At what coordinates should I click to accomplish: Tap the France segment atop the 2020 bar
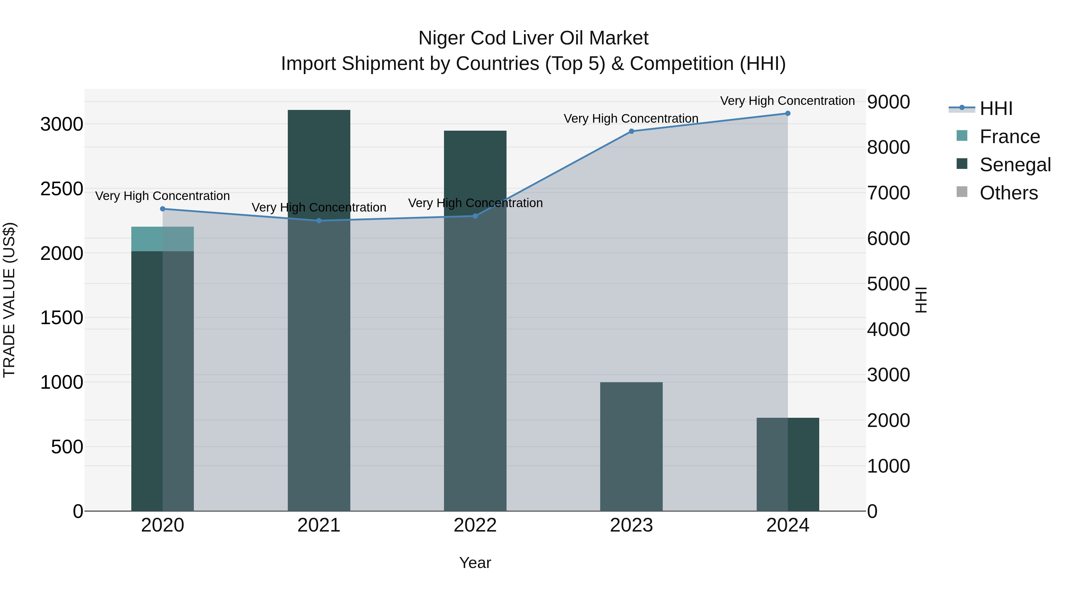[162, 239]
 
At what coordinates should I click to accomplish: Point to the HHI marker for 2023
[631, 131]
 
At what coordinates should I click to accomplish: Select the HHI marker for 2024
[788, 113]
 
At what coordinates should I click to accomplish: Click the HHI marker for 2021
[319, 221]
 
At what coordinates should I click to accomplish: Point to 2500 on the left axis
[62, 189]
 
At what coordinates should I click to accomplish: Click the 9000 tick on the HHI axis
[889, 102]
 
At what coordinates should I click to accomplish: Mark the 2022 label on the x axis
[475, 525]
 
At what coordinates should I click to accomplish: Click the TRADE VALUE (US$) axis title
[9, 300]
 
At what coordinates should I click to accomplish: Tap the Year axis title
[475, 563]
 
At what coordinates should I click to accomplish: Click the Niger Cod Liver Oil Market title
[533, 38]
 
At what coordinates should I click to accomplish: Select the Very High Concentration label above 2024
[788, 101]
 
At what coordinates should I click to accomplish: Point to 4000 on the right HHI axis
[889, 329]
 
